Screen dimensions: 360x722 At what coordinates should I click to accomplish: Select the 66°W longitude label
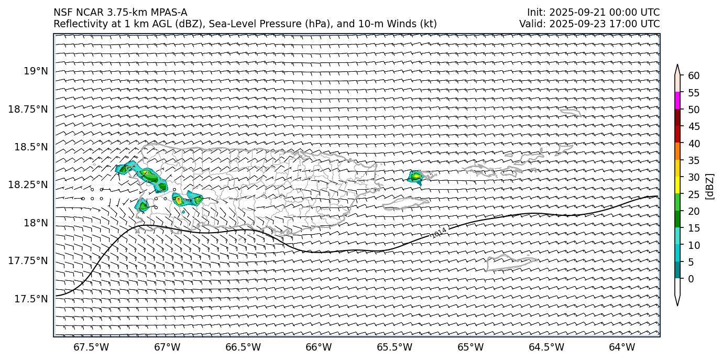pos(319,347)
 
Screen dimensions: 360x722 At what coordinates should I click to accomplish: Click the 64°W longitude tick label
pos(622,347)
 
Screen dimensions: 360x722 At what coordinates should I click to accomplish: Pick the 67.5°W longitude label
pos(91,347)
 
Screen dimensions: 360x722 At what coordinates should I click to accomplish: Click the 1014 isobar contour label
pos(439,233)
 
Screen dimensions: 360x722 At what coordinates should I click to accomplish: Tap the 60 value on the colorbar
pos(694,76)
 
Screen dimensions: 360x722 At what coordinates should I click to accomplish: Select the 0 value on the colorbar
pos(691,279)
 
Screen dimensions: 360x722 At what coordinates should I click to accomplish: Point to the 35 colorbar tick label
pos(694,160)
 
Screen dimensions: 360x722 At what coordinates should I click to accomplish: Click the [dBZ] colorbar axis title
pos(710,186)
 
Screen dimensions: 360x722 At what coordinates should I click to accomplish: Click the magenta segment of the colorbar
pos(677,100)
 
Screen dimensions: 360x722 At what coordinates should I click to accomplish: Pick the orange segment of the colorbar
pos(677,151)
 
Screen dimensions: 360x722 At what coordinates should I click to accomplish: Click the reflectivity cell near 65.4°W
pos(415,177)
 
